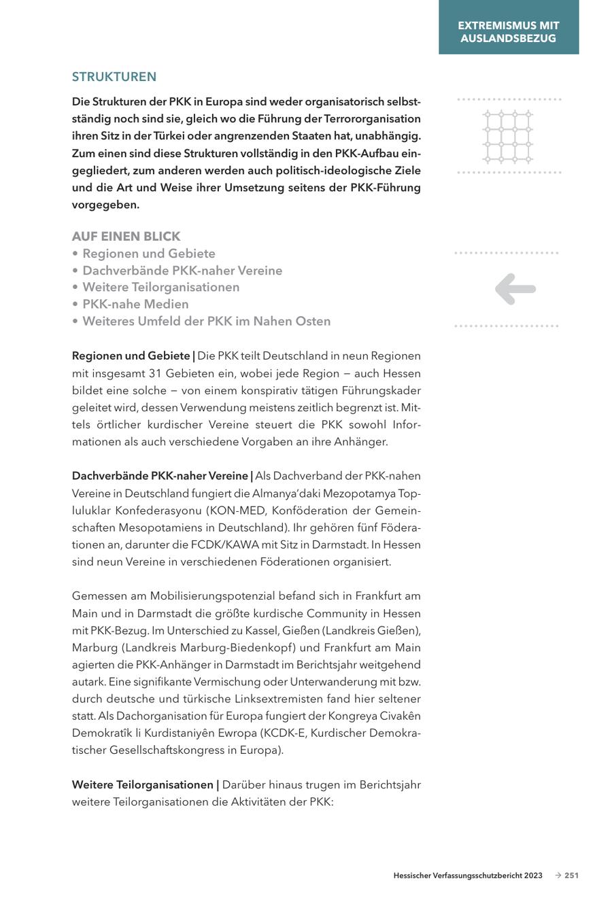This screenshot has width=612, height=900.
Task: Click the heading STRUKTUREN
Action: tap(114, 77)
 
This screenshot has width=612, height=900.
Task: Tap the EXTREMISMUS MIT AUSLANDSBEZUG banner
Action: tap(509, 32)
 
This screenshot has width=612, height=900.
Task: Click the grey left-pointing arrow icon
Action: tap(515, 289)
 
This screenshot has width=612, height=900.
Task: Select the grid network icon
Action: tap(507, 137)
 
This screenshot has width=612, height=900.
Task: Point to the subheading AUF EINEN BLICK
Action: tap(126, 237)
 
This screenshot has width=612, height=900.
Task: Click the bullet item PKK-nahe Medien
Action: tap(135, 304)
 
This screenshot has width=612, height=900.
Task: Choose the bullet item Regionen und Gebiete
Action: tap(148, 254)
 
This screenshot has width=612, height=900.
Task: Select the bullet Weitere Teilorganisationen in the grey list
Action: tap(160, 287)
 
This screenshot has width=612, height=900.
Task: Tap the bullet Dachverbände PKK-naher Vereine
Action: tap(182, 271)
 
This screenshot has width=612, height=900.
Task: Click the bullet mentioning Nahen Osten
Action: tap(206, 321)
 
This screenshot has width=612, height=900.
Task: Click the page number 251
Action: tap(571, 876)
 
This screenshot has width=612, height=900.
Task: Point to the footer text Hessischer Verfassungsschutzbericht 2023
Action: tap(468, 876)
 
